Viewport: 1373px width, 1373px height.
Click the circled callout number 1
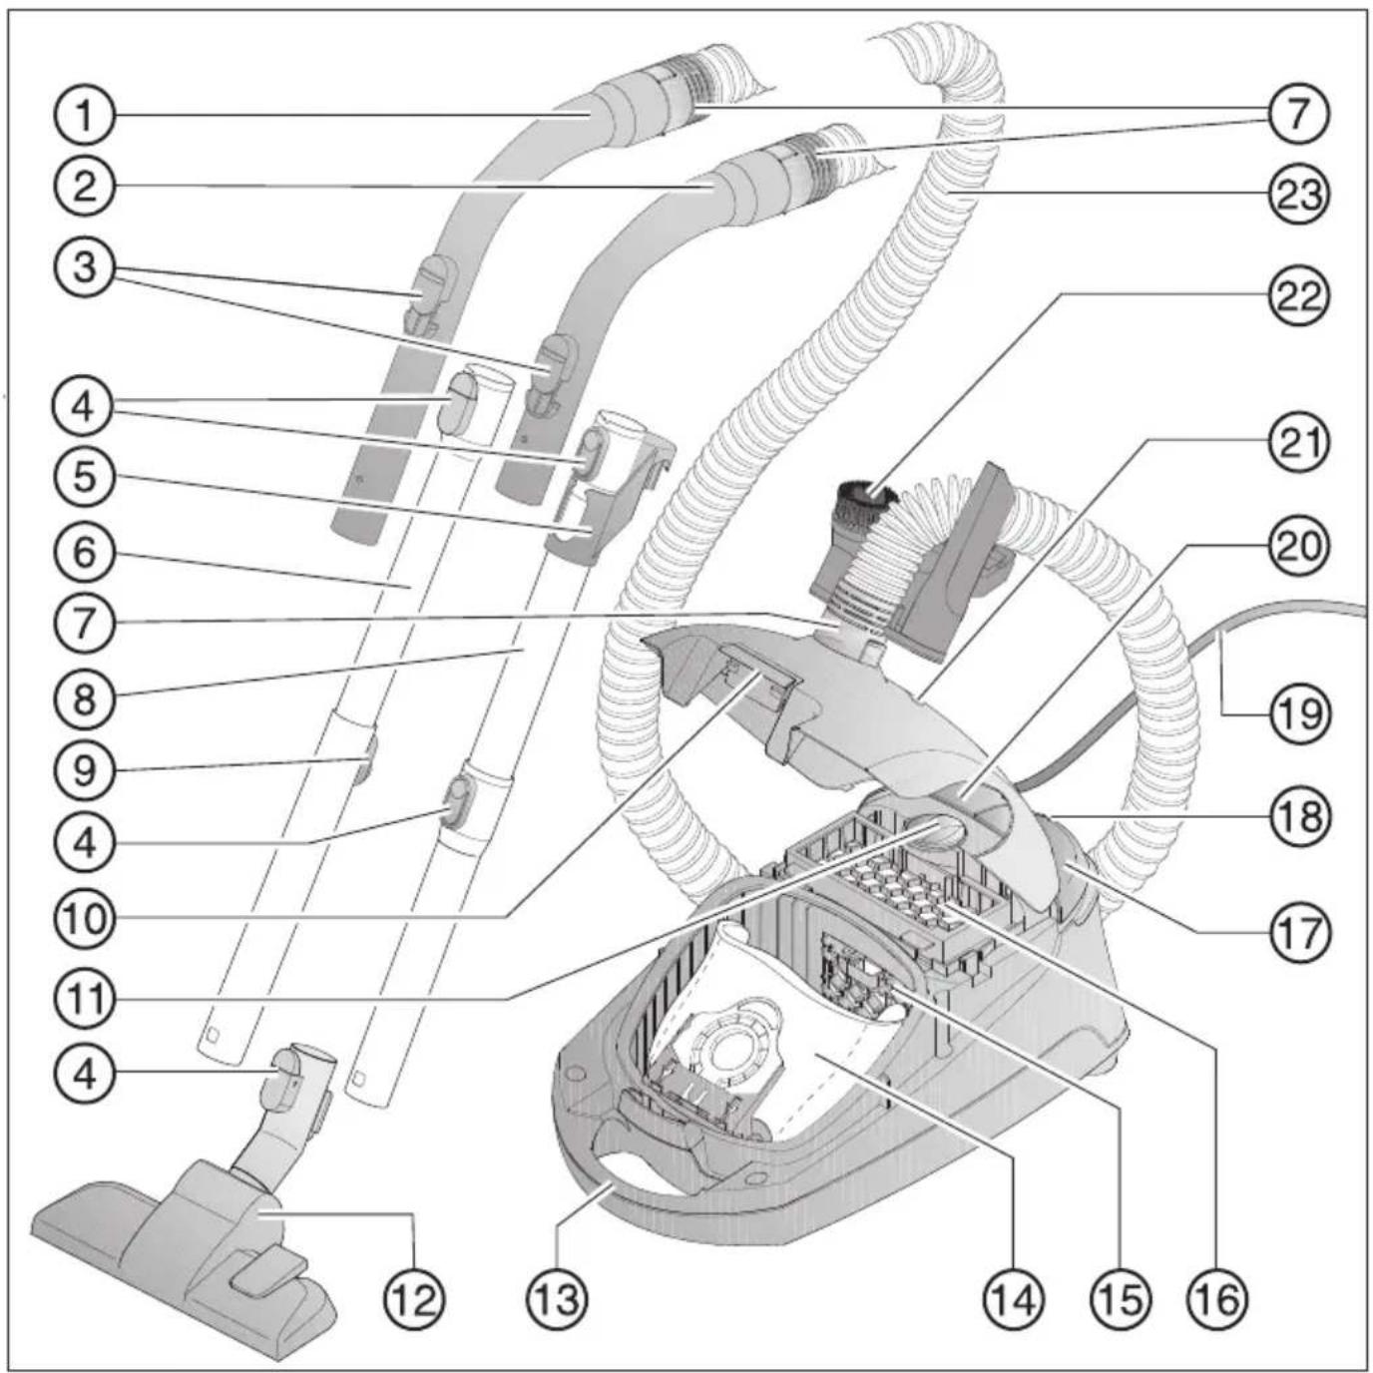tap(85, 116)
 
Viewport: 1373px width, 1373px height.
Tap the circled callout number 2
tap(85, 187)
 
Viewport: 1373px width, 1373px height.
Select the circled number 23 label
tap(1298, 194)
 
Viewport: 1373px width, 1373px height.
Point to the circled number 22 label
tap(1298, 296)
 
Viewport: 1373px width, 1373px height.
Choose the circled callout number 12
tap(415, 1298)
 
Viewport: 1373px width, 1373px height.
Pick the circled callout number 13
tap(557, 1298)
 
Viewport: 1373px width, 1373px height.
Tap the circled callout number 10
tap(85, 917)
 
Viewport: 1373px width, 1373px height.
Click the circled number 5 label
tap(85, 477)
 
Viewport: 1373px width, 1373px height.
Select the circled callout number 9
tap(85, 770)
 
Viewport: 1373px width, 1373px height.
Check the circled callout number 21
tap(1298, 442)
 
